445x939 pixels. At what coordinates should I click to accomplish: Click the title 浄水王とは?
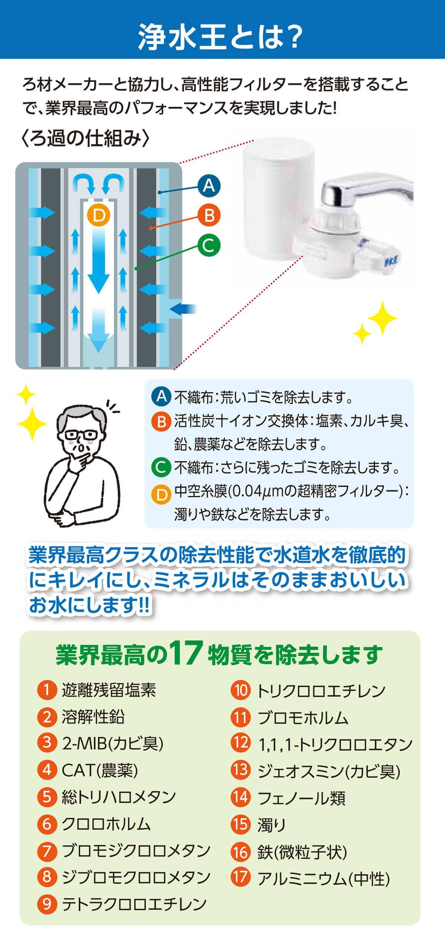(220, 37)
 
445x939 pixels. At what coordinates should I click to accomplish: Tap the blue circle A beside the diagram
(209, 186)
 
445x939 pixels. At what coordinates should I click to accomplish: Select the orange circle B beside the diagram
(209, 215)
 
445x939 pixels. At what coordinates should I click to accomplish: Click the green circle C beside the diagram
(209, 245)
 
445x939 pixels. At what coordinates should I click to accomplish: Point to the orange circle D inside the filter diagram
(99, 215)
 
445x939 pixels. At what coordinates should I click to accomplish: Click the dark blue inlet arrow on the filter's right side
(183, 308)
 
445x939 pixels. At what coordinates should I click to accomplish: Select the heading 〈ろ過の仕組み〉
(86, 138)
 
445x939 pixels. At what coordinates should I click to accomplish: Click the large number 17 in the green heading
(186, 654)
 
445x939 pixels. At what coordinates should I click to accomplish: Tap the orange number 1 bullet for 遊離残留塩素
(47, 690)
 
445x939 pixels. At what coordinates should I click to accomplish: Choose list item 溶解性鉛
(93, 717)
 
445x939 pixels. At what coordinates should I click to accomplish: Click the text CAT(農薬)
(100, 770)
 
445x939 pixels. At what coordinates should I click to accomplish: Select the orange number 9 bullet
(47, 904)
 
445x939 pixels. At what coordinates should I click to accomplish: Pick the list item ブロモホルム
(303, 718)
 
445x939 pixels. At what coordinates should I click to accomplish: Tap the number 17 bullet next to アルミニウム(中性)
(241, 877)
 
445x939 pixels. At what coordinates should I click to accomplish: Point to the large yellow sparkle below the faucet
(382, 318)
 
